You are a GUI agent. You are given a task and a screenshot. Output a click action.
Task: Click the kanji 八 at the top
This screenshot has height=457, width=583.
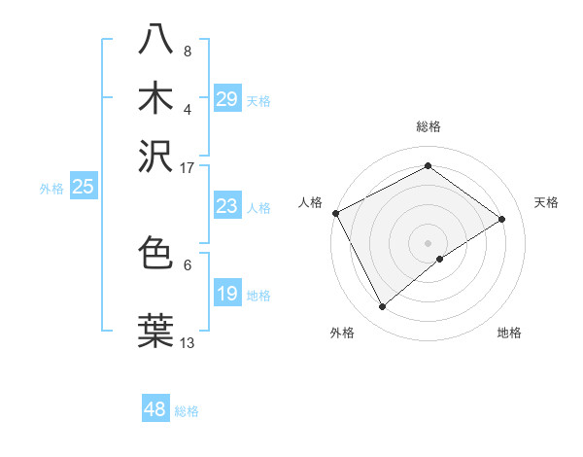[156, 40]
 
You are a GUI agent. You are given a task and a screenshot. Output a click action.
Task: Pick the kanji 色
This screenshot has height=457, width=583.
[156, 253]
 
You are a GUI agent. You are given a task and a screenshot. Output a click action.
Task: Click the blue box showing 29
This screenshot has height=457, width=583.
[226, 99]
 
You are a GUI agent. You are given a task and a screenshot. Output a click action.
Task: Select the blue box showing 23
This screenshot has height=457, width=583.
[226, 206]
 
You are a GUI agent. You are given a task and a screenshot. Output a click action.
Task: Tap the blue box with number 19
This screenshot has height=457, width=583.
[226, 294]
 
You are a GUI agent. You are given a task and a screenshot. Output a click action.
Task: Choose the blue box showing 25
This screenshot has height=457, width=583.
[83, 187]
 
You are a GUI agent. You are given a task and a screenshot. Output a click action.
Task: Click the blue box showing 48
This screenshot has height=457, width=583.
[155, 409]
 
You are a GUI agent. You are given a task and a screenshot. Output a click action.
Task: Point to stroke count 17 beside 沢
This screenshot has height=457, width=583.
[187, 167]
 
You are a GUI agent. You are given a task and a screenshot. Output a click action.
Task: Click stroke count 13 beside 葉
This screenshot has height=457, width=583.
[187, 342]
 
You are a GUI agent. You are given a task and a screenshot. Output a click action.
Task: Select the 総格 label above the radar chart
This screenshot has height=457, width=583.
[429, 127]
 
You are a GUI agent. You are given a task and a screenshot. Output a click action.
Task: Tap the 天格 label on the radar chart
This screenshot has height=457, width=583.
[546, 202]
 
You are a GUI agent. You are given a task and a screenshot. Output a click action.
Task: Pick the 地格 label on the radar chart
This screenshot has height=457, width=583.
[509, 333]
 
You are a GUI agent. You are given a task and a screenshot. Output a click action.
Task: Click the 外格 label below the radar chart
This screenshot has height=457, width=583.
[342, 333]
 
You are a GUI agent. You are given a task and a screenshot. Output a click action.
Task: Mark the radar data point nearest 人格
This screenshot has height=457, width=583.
[335, 213]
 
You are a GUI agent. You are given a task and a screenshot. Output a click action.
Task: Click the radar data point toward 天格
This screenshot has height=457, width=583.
[502, 219]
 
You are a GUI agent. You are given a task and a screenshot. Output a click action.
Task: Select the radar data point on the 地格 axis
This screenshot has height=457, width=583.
[440, 259]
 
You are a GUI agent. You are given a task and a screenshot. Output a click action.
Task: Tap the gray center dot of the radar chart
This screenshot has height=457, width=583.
[429, 242]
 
